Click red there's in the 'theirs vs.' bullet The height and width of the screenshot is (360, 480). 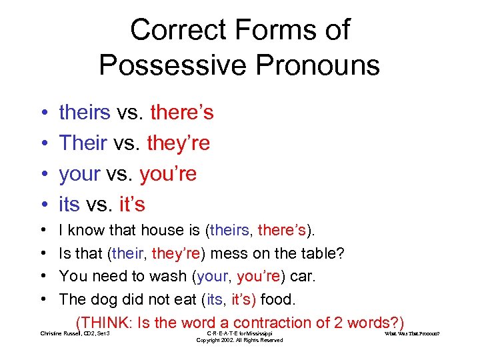[182, 112]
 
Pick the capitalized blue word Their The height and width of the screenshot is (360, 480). [83, 143]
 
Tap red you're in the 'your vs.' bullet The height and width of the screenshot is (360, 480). [168, 173]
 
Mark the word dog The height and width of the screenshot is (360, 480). [100, 298]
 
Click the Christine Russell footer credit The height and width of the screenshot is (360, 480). [75, 333]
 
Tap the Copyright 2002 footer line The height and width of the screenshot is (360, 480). [239, 341]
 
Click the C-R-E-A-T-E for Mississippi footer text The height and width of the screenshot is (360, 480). [239, 333]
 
